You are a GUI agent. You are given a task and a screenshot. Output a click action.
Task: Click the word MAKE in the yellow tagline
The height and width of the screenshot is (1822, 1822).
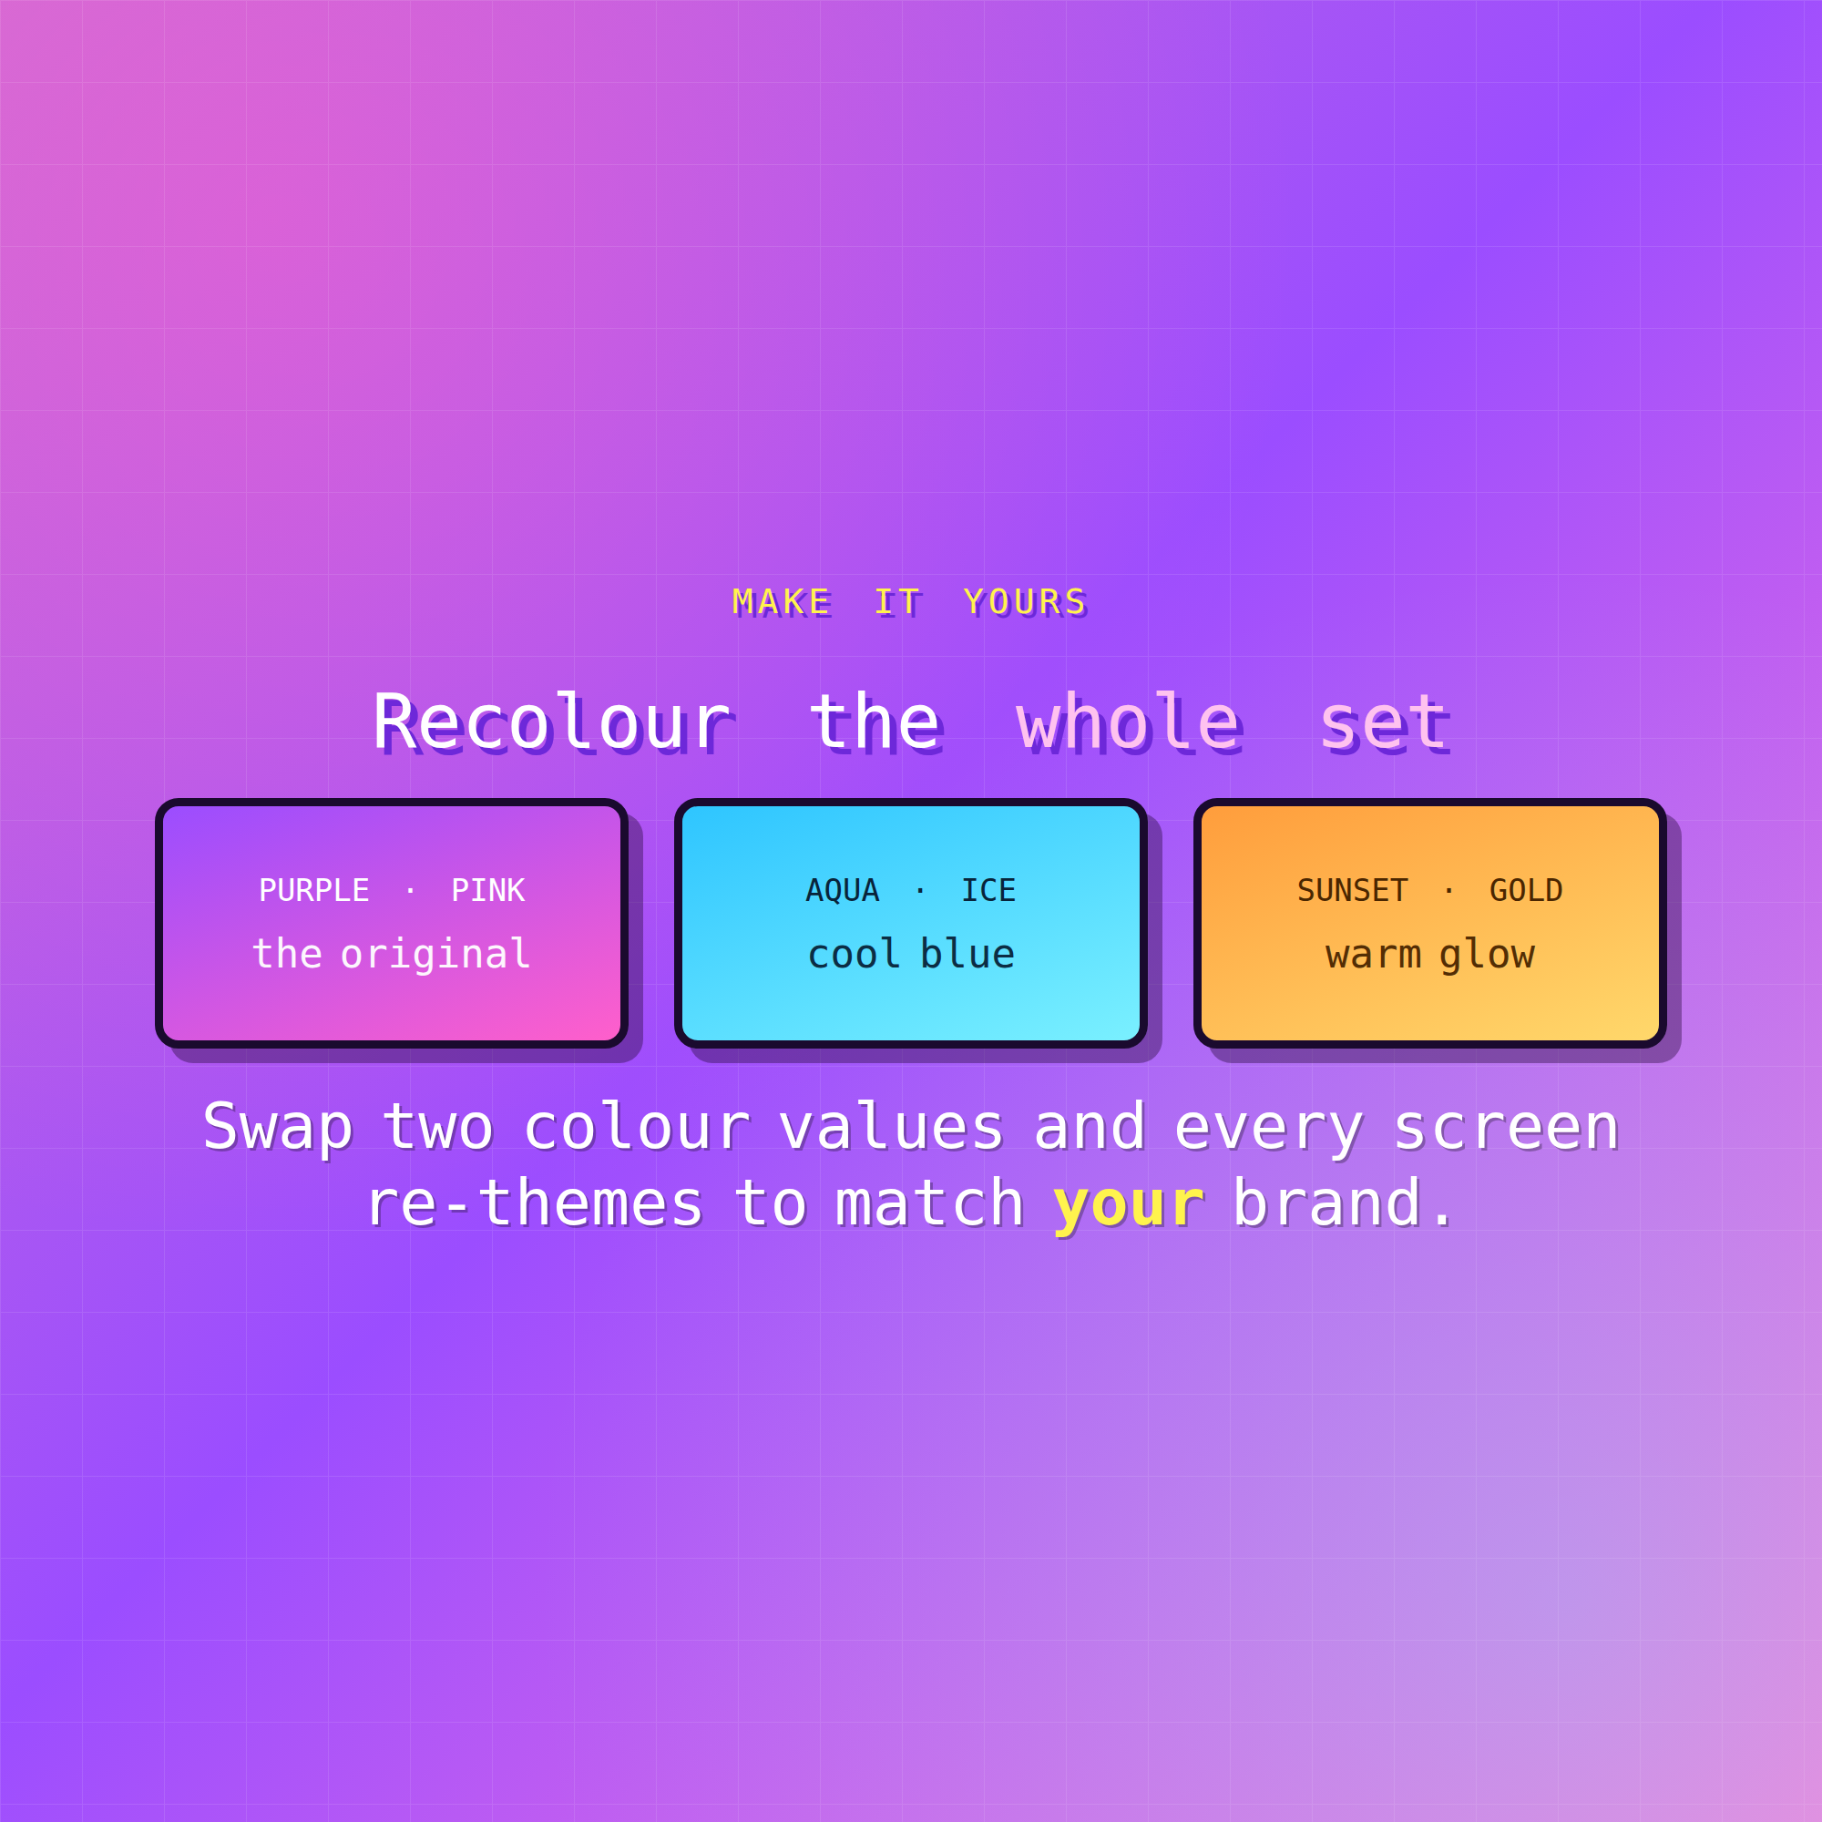[781, 601]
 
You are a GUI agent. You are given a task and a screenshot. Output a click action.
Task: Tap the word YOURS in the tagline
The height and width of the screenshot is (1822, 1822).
[1025, 601]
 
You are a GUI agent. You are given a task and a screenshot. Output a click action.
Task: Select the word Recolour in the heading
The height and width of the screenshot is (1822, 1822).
[552, 723]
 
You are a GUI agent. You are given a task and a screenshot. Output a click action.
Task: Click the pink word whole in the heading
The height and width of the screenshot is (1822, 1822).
[1130, 723]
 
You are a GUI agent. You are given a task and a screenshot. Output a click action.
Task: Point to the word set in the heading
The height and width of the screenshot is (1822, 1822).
[1385, 723]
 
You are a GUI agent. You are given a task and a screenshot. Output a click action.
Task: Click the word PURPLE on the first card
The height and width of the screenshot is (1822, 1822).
[314, 890]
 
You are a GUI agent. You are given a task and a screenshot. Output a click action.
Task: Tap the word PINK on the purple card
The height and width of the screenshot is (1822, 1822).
[487, 890]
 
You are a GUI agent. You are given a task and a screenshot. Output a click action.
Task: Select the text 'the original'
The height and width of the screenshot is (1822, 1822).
[392, 956]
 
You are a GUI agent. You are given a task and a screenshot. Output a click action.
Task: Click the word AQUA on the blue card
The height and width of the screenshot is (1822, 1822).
[842, 890]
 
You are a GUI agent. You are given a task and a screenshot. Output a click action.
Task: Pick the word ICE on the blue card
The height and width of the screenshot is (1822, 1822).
[988, 890]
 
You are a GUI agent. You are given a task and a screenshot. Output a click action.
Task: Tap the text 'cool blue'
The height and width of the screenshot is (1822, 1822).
[911, 955]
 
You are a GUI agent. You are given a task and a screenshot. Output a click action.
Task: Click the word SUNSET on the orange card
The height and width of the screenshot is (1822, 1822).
[1352, 890]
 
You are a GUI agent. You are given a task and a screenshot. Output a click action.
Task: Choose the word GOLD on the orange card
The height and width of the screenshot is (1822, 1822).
[1526, 890]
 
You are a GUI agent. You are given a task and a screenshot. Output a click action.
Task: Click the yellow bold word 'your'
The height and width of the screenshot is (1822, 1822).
[1129, 1205]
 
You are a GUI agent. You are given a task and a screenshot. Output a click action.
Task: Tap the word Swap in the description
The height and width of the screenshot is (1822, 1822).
[278, 1129]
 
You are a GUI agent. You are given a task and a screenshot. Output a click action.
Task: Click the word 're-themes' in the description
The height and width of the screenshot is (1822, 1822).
[535, 1204]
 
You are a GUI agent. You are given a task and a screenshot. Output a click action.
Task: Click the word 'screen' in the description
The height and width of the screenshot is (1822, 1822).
[1506, 1129]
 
